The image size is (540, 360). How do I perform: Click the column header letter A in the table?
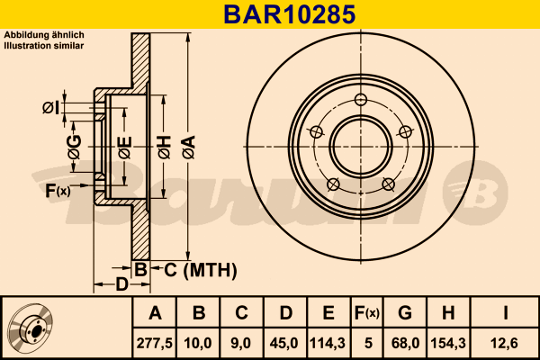(x=155, y=313)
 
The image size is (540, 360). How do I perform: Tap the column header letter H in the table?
(x=447, y=313)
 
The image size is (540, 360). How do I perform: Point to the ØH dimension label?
(x=164, y=143)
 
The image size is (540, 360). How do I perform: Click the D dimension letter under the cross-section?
(x=121, y=285)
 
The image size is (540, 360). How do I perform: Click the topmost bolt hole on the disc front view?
(x=361, y=100)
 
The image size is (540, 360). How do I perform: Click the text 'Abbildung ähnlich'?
(x=44, y=34)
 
